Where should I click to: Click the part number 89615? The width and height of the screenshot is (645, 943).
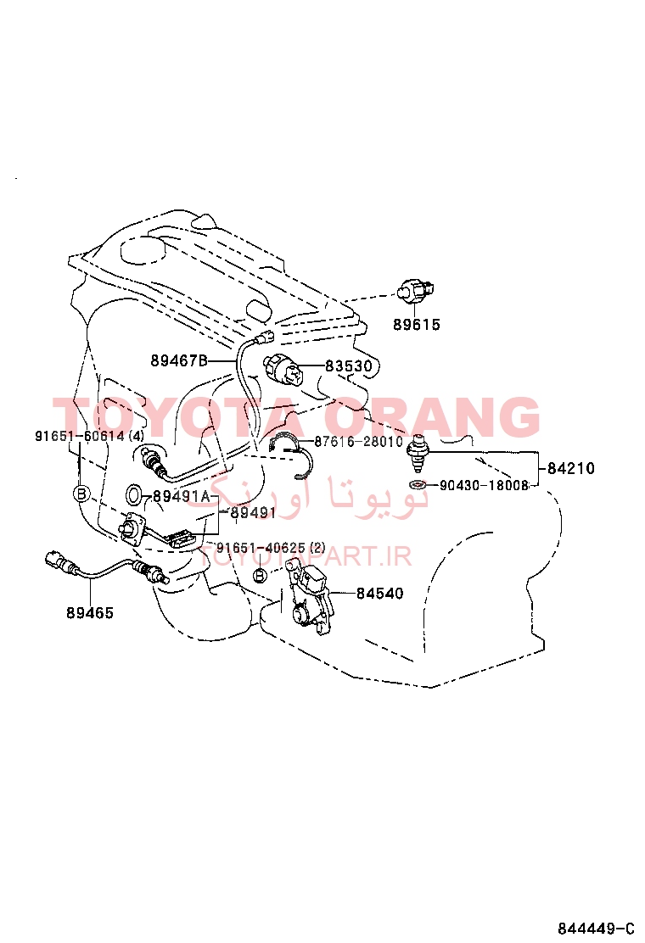click(417, 325)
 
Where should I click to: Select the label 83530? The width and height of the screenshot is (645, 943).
click(349, 366)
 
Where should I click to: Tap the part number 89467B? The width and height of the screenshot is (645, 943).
click(179, 361)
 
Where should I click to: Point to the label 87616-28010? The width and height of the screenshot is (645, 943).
click(359, 442)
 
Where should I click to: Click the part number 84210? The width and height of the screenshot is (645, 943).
click(571, 468)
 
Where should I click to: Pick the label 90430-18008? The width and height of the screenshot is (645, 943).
click(484, 485)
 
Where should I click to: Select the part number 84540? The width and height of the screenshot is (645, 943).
click(379, 594)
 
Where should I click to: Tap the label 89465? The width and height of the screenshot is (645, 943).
click(90, 613)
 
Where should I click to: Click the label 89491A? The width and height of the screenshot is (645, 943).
click(181, 496)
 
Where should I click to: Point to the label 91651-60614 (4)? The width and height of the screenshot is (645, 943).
click(89, 436)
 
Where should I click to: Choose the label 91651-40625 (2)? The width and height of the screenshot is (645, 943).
click(271, 548)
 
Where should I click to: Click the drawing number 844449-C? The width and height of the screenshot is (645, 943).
click(596, 928)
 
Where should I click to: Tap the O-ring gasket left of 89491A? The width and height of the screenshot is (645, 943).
click(135, 494)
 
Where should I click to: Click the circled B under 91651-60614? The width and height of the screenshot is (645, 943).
click(81, 494)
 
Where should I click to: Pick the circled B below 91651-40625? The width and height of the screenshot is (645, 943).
click(260, 576)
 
